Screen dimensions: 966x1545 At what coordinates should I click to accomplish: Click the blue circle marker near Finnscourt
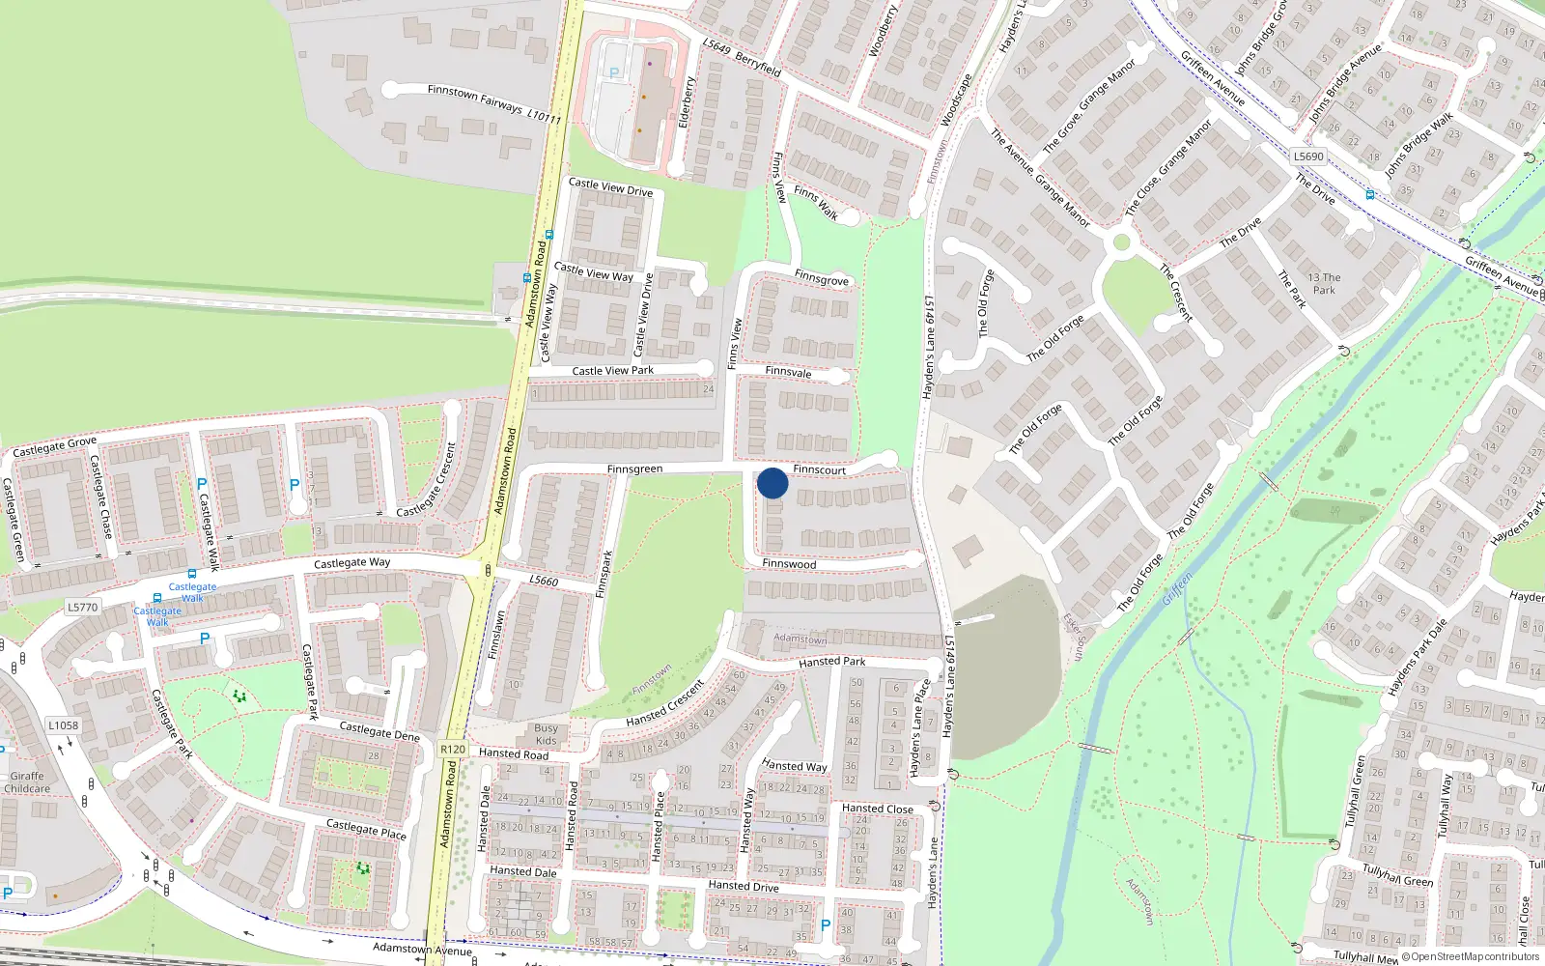click(x=772, y=483)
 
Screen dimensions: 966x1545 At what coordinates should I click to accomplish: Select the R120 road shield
click(x=453, y=749)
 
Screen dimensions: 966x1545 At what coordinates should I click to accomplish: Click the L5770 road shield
click(x=82, y=608)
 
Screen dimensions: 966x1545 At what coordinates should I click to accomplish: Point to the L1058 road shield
click(x=64, y=725)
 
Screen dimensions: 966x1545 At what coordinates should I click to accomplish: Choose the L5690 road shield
click(x=1308, y=156)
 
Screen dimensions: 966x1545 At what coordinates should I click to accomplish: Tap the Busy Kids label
click(x=546, y=734)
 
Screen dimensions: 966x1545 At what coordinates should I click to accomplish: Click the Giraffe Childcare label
click(x=27, y=782)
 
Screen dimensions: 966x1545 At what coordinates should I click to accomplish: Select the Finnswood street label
click(x=789, y=564)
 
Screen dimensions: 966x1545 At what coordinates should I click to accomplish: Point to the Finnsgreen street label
click(x=634, y=469)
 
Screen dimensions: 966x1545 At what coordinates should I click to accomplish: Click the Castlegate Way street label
click(x=351, y=562)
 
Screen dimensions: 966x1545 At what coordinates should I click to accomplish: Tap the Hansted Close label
click(x=877, y=809)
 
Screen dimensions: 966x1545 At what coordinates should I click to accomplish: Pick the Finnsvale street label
click(x=788, y=372)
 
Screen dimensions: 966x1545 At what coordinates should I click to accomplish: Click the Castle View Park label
click(x=612, y=371)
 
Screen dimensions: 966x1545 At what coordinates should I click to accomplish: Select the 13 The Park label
click(x=1324, y=284)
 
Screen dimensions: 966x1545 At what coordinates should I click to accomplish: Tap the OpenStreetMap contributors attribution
click(x=1471, y=956)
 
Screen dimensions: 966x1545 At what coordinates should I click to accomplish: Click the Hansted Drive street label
click(x=743, y=886)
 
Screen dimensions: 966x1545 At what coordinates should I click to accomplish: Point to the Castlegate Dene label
click(x=379, y=731)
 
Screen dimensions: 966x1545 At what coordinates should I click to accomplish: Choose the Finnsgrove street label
click(x=821, y=279)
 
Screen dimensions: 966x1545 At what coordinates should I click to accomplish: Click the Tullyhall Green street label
click(x=1397, y=875)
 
